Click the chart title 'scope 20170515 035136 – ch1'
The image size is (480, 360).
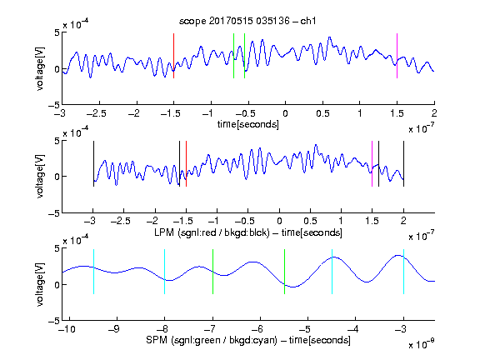247,21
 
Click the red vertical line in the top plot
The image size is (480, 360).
173,56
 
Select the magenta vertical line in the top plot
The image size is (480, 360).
397,56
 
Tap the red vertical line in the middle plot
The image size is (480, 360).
186,164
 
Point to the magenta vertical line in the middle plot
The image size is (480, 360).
372,164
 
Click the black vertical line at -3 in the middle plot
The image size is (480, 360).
93,164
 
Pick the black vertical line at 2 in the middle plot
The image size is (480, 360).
404,164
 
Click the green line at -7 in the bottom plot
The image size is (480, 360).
212,272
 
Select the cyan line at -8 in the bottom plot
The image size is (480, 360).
165,272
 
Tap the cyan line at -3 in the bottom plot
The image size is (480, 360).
403,272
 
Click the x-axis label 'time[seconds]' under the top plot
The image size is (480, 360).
248,124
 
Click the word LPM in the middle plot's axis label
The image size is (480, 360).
164,232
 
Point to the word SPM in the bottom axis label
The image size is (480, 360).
157,340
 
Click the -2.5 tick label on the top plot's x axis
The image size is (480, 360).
97,113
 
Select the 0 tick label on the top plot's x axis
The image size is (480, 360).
285,113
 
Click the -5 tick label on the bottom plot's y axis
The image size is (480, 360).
54,321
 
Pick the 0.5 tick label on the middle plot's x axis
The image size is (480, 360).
310,221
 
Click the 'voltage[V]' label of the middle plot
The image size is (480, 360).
40,177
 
